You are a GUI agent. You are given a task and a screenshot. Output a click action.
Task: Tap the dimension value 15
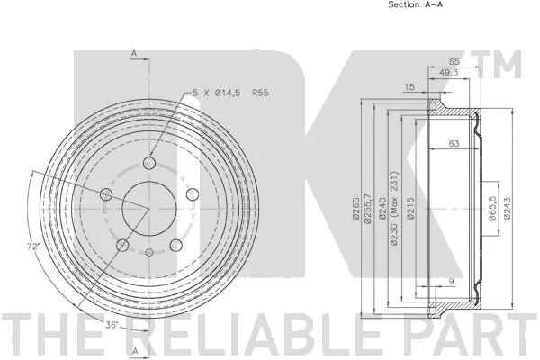(409, 86)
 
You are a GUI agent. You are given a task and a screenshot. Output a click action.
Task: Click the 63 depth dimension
(454, 143)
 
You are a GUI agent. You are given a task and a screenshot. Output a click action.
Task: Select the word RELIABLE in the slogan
(253, 334)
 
